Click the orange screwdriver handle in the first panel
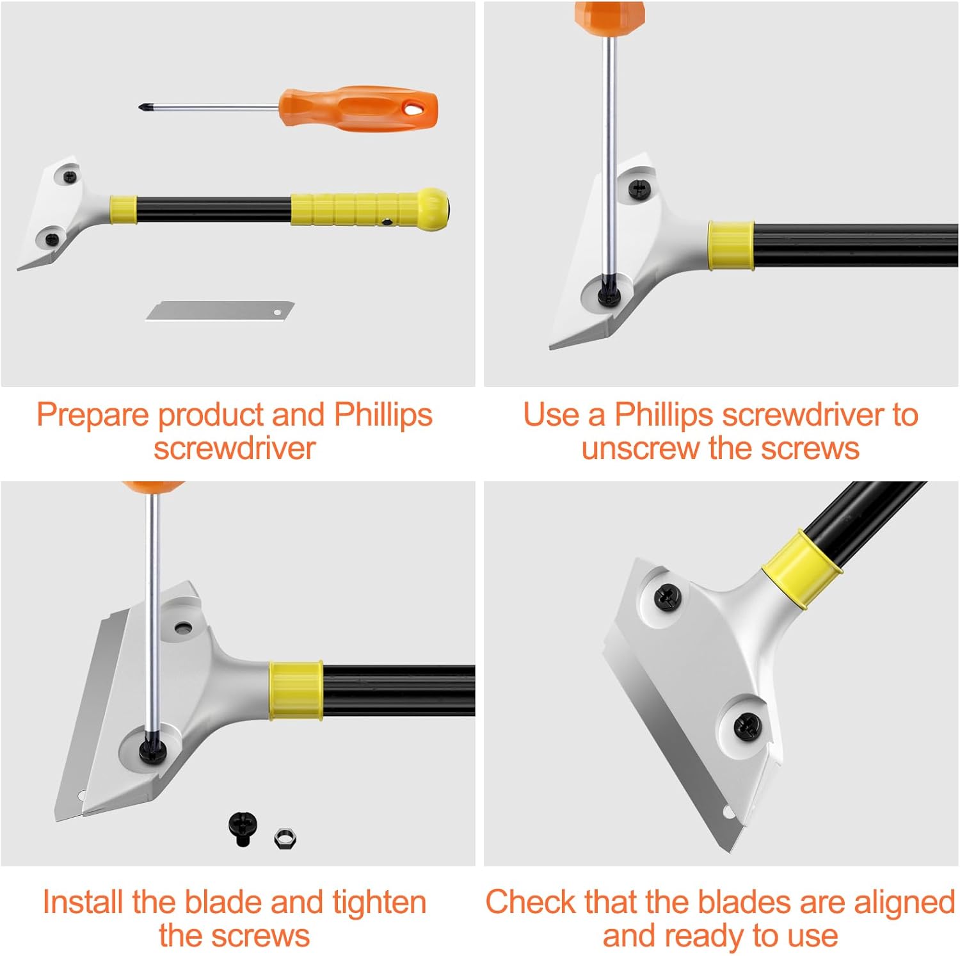click(358, 108)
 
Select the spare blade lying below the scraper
click(220, 311)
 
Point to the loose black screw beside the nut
click(240, 829)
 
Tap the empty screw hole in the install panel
click(182, 627)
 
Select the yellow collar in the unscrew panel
click(731, 246)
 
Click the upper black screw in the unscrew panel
click(639, 188)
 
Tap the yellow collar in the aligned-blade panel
click(801, 569)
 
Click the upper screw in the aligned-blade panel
click(667, 598)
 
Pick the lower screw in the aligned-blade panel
click(746, 726)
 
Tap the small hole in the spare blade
click(277, 312)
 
